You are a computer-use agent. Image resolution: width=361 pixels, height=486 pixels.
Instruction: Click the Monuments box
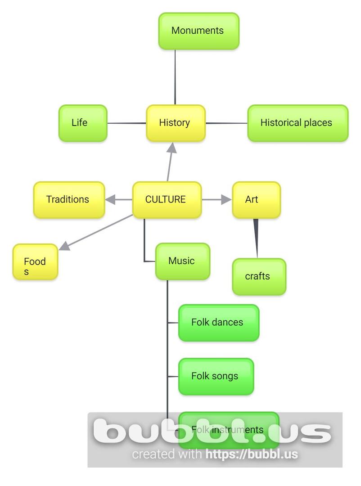[199, 31]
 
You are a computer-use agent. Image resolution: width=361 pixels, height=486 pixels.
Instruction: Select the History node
[176, 123]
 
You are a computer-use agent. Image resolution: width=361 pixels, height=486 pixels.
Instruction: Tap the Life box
[83, 123]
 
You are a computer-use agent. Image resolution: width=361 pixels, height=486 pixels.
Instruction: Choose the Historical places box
[298, 123]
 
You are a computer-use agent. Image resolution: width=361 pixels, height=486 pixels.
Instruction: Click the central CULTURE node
[167, 200]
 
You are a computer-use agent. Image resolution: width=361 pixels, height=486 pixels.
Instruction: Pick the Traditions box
[69, 200]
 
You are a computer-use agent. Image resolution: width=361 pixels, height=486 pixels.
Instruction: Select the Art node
[256, 200]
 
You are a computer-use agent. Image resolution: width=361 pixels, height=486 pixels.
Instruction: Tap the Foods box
[35, 262]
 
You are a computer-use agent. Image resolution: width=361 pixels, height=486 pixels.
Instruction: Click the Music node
[182, 261]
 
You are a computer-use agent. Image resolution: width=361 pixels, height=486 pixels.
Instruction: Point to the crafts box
[259, 277]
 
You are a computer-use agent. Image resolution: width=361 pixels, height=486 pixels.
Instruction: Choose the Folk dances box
[219, 323]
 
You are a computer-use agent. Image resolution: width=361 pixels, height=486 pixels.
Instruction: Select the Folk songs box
[216, 377]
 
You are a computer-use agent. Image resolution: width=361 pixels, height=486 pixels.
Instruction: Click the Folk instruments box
[229, 430]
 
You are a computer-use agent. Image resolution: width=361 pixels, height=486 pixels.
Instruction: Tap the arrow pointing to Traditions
[118, 199]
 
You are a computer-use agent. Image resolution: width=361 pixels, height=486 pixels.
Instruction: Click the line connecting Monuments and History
[175, 76]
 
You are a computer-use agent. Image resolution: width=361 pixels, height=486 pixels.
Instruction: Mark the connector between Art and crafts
[256, 238]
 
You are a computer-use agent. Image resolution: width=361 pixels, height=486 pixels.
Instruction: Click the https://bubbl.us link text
[252, 454]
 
